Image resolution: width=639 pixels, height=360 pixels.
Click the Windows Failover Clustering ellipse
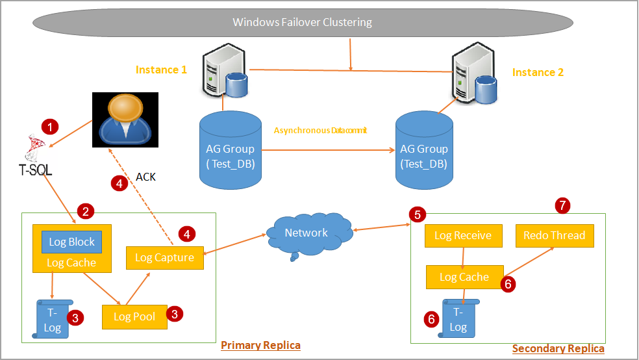(x=302, y=23)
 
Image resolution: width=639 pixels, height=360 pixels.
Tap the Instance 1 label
(x=161, y=70)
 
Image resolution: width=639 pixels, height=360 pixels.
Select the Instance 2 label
(x=538, y=72)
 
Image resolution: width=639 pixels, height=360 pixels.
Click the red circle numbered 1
(x=50, y=126)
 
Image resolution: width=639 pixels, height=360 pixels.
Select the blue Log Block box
(x=72, y=242)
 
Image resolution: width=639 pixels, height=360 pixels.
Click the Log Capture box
(x=164, y=257)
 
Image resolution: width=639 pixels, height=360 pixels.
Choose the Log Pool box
(x=134, y=316)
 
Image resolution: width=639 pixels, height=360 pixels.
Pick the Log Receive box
(x=462, y=235)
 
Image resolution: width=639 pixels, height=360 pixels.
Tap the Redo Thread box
(x=554, y=235)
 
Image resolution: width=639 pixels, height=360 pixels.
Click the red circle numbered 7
(x=563, y=205)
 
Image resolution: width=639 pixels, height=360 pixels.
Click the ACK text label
(x=145, y=177)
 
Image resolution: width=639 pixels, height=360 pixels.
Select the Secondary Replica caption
(x=558, y=349)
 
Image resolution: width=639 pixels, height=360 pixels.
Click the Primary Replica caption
(x=260, y=344)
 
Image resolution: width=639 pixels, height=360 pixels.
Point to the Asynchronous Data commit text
(x=320, y=131)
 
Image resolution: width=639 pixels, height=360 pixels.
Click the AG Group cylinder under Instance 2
(x=424, y=151)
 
